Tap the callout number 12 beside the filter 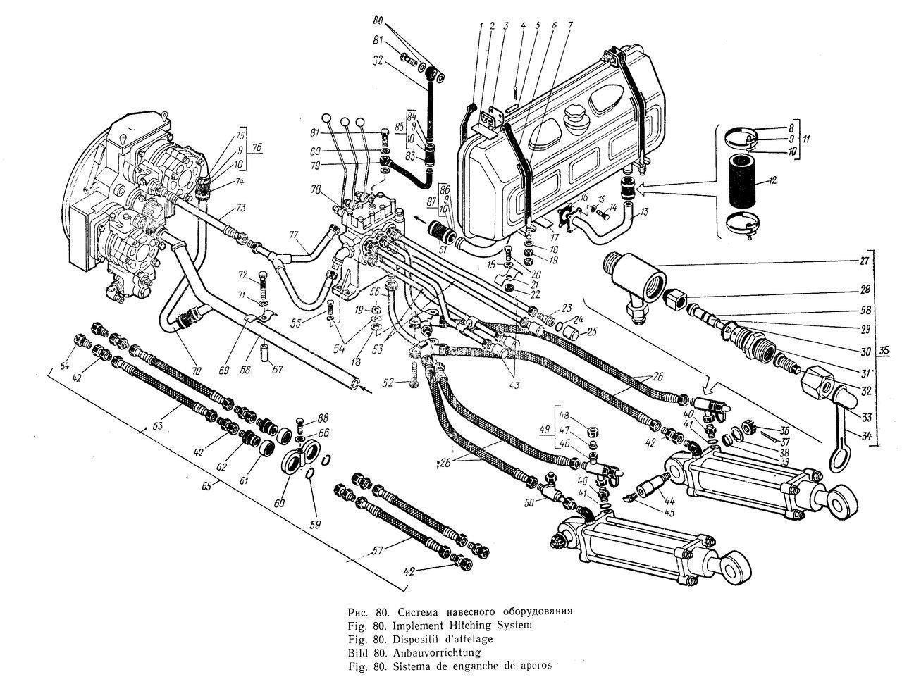pyautogui.click(x=773, y=181)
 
